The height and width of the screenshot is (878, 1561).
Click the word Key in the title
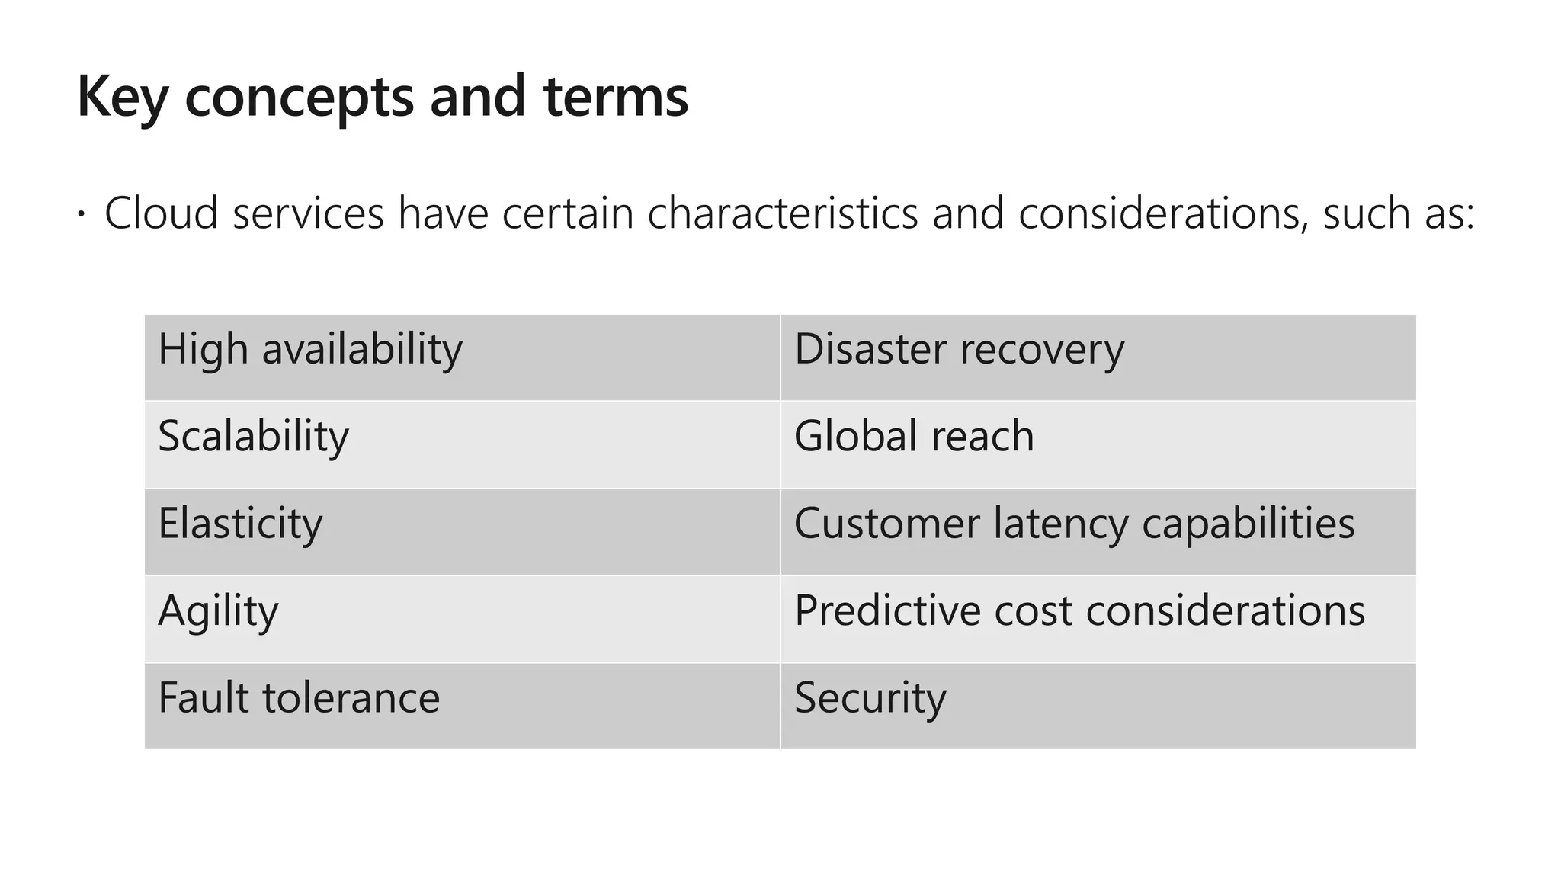click(x=122, y=98)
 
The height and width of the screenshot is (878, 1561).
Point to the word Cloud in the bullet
click(x=162, y=213)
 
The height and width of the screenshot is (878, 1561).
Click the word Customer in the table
click(x=887, y=524)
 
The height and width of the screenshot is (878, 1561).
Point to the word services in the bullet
click(x=309, y=213)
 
